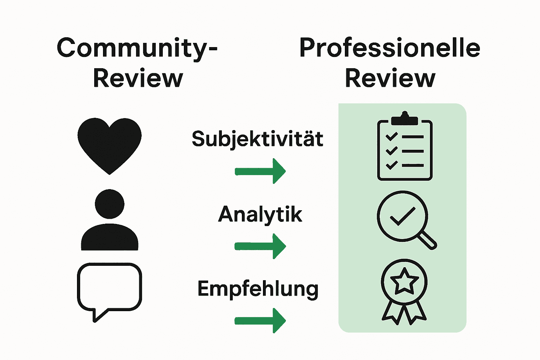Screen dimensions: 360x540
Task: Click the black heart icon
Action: [x=109, y=144]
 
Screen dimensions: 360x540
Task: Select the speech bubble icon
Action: [x=109, y=288]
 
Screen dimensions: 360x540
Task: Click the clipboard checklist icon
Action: [x=405, y=148]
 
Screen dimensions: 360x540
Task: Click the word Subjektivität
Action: [x=257, y=139]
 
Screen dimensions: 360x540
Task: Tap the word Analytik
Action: [x=260, y=214]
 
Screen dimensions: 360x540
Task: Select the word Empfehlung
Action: [x=258, y=289]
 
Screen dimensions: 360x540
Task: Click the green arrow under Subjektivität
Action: [x=260, y=171]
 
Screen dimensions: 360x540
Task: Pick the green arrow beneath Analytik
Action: [x=260, y=246]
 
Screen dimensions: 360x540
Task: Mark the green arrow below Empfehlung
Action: [x=260, y=320]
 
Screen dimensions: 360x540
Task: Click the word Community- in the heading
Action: [x=137, y=49]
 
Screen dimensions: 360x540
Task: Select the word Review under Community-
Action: [x=138, y=78]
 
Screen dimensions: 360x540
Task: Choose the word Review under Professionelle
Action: [x=390, y=78]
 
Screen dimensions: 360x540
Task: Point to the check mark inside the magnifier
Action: [x=403, y=216]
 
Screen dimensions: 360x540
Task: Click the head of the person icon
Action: [x=110, y=204]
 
